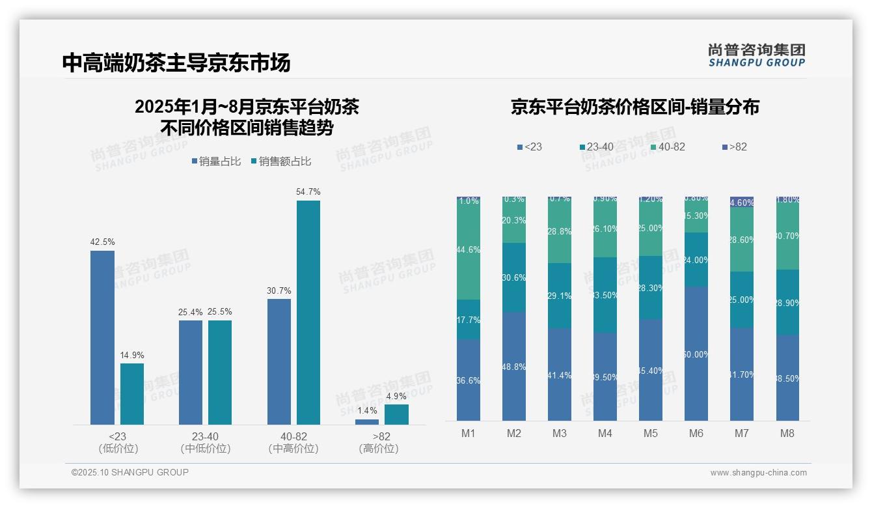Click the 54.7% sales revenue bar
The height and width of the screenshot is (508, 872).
308,313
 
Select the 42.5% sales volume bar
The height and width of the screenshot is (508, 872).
102,337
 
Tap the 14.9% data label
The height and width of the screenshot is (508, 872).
132,356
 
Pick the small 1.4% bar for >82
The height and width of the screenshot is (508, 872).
367,422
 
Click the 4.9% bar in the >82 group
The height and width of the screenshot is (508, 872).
396,414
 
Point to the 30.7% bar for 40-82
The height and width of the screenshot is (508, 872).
279,361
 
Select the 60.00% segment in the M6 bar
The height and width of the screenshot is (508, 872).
696,354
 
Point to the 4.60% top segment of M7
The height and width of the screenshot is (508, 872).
741,202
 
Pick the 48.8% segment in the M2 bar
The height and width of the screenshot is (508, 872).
513,366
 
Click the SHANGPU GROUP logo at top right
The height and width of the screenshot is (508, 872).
756,55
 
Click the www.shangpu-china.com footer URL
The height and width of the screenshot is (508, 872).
758,473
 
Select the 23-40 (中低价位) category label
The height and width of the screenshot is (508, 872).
205,442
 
